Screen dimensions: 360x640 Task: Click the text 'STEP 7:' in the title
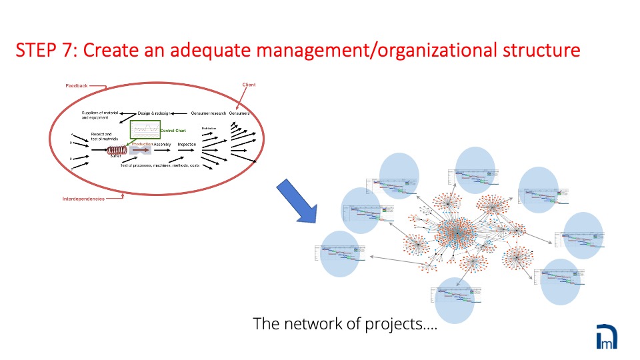pyautogui.click(x=45, y=50)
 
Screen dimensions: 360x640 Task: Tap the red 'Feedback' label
pyautogui.click(x=76, y=86)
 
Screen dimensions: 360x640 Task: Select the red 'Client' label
pyautogui.click(x=248, y=85)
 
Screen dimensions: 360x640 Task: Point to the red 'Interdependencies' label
pyautogui.click(x=83, y=199)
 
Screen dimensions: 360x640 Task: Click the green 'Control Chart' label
pyautogui.click(x=172, y=130)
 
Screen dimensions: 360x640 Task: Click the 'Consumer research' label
pyautogui.click(x=208, y=113)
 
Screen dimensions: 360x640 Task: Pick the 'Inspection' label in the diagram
pyautogui.click(x=186, y=144)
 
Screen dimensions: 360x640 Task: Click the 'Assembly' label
pyautogui.click(x=162, y=144)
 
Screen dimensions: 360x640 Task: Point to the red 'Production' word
pyautogui.click(x=142, y=144)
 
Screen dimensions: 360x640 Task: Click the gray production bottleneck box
pyautogui.click(x=142, y=151)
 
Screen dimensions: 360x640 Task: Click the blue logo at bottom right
pyautogui.click(x=607, y=336)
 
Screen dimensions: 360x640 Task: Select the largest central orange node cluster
pyautogui.click(x=455, y=232)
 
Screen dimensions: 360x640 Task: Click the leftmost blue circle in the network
pyautogui.click(x=339, y=253)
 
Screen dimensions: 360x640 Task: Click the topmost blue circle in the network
pyautogui.click(x=475, y=170)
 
